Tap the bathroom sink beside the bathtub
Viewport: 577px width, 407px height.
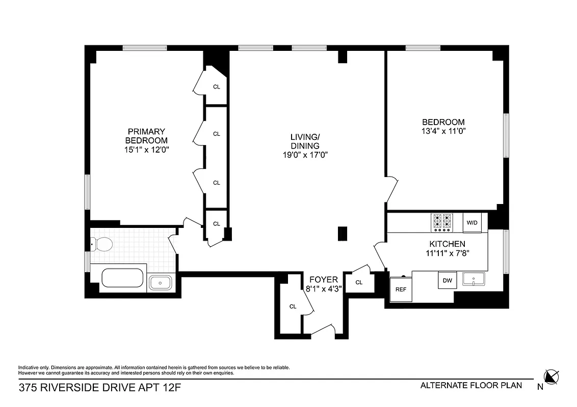tap(162, 282)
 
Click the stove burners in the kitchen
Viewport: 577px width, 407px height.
tap(441, 222)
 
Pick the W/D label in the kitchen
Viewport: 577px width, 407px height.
tap(472, 222)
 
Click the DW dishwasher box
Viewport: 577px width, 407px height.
tap(447, 280)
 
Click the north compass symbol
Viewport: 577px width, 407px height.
tap(552, 377)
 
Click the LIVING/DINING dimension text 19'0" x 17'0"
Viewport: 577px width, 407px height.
tap(305, 155)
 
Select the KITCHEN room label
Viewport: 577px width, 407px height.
tap(447, 244)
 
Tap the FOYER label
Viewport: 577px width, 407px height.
tap(323, 279)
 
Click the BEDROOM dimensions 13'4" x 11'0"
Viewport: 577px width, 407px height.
tap(443, 131)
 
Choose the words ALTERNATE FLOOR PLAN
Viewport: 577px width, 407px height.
tap(471, 385)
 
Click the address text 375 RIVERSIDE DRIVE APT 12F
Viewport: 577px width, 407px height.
tap(100, 388)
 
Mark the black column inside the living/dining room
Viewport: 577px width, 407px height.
tap(343, 233)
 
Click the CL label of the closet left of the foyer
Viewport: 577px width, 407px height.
tap(293, 306)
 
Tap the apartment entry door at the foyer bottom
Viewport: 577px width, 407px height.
tap(322, 331)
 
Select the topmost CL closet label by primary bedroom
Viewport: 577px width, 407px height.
tap(216, 86)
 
